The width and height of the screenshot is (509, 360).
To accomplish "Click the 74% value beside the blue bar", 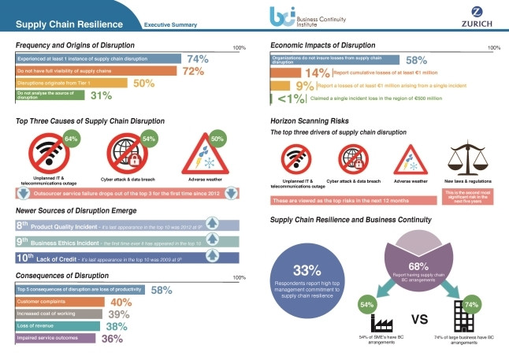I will point(197,59).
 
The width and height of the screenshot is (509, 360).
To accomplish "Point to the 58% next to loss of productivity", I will point(161,290).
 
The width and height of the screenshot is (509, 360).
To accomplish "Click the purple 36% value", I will point(112,339).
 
